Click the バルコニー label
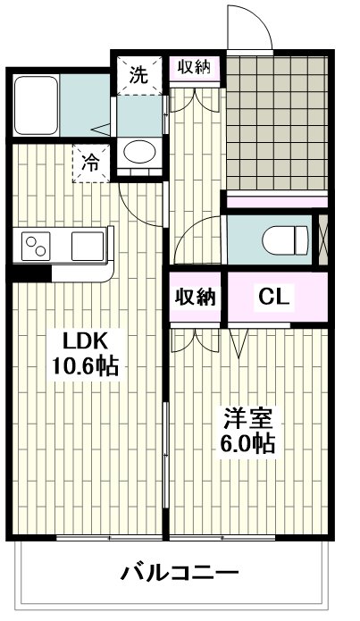coord(180,573)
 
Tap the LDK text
coord(85,340)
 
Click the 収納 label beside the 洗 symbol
coord(196,69)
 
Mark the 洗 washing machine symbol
coord(138,75)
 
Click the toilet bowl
coord(284,238)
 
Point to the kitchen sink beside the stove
coord(88,245)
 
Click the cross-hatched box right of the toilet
coord(323,237)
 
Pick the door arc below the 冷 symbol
coord(138,203)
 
